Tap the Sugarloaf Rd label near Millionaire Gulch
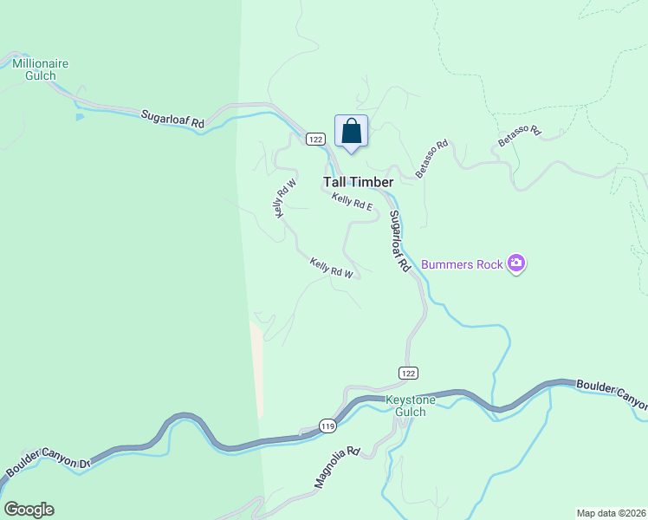tap(172, 119)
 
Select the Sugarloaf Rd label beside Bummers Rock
tap(399, 243)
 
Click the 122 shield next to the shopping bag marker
tap(314, 139)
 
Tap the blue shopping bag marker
tap(351, 133)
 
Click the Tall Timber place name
tap(359, 182)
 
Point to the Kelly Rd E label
tap(352, 202)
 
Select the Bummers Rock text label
tap(462, 264)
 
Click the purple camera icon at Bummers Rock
tap(516, 263)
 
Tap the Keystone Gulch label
tap(405, 406)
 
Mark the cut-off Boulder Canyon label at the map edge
tap(612, 394)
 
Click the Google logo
tap(29, 510)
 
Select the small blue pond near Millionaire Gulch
tap(80, 116)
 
